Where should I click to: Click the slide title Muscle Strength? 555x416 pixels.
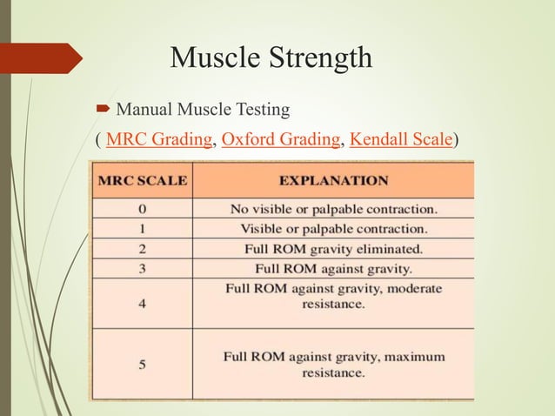point(271,57)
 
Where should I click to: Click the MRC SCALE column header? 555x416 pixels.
point(141,182)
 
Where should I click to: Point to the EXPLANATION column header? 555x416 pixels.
point(333,182)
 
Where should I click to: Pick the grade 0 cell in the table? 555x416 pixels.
point(142,209)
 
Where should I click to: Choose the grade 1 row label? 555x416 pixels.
point(142,229)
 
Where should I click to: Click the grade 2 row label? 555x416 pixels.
point(142,248)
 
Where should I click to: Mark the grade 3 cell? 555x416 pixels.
point(142,268)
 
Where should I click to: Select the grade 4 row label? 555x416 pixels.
point(142,304)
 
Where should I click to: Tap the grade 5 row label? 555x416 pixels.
point(142,364)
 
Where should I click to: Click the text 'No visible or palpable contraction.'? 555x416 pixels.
point(334,209)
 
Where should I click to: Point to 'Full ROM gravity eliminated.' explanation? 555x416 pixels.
point(334,248)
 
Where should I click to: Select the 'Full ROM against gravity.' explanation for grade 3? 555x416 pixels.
point(334,268)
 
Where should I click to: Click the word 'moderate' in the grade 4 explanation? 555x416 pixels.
point(414,288)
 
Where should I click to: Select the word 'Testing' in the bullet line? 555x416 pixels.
point(262,111)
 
